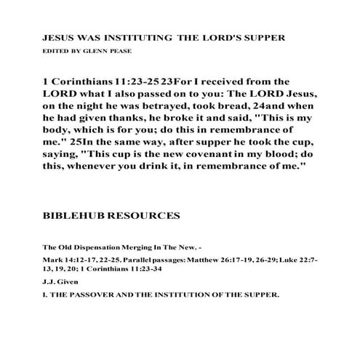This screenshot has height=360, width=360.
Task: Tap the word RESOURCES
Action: coord(144,217)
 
